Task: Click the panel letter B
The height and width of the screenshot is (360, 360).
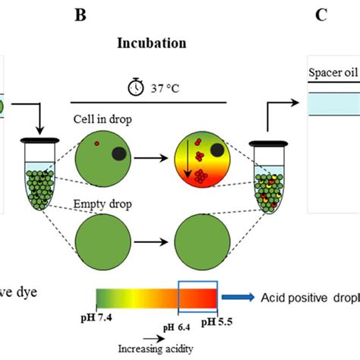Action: coord(141,14)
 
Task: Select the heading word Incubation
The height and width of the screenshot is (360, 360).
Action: coord(151,43)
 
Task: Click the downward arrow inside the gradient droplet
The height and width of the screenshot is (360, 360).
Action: coord(186,160)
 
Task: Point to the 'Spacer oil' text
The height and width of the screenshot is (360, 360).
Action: coord(333,74)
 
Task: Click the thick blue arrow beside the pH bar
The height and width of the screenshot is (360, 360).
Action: coord(240,298)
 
